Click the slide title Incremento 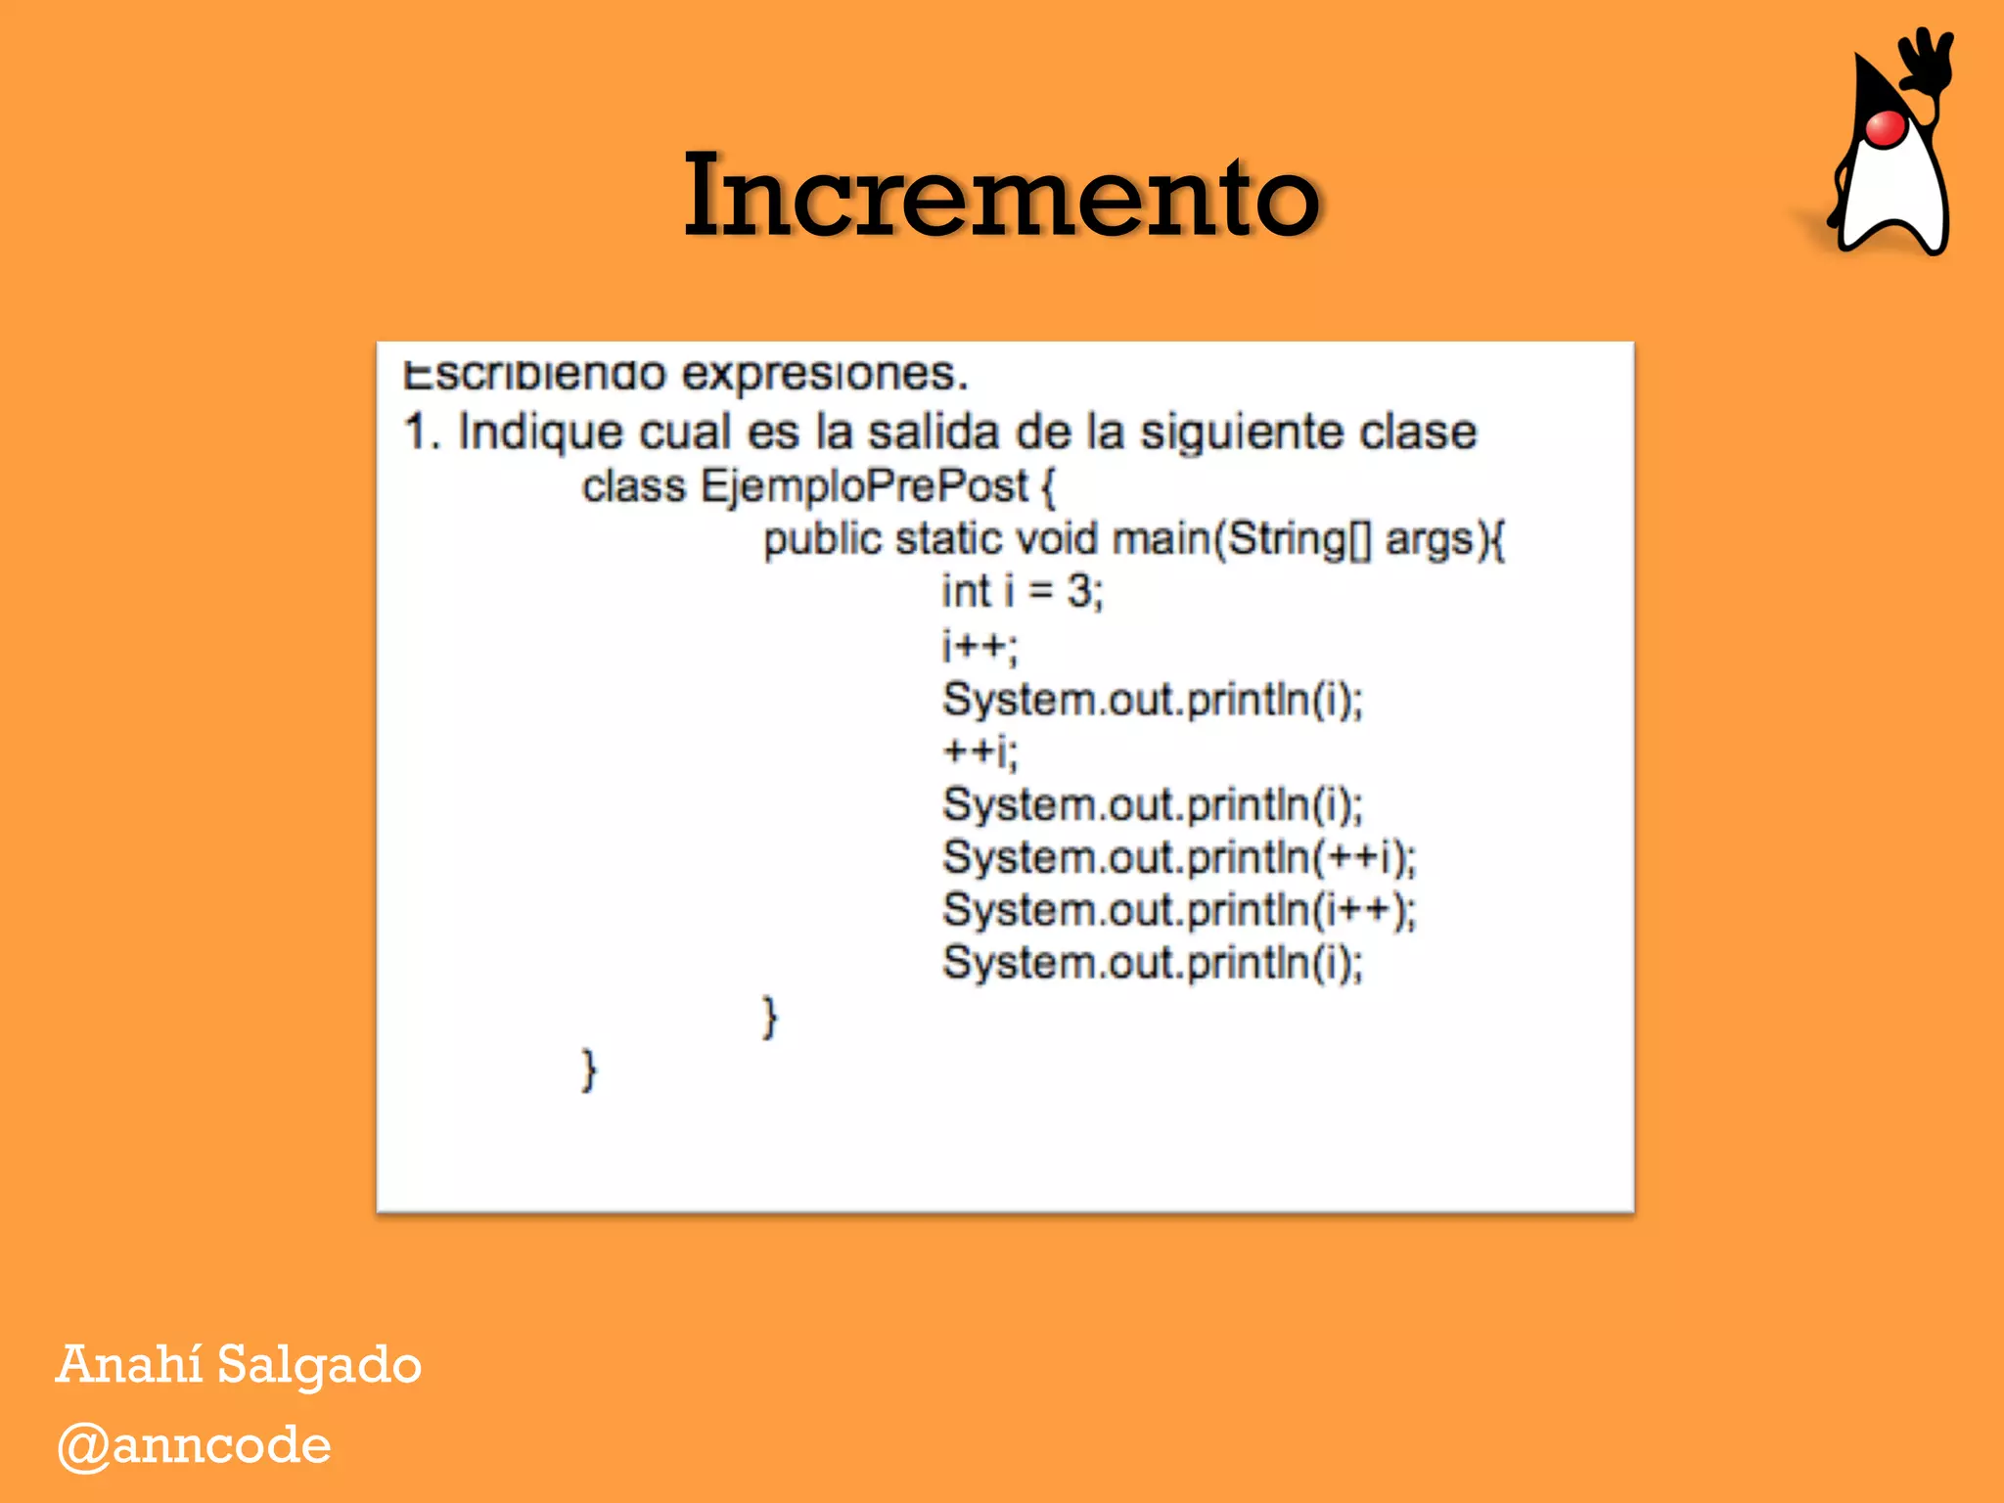tap(1001, 197)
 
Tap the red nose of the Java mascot tap(1885, 128)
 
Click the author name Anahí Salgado tap(239, 1365)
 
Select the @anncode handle tap(194, 1445)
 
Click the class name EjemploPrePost tap(864, 486)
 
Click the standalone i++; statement tap(979, 646)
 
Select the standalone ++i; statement tap(979, 751)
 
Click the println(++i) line tap(1179, 857)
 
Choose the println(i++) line tap(1179, 910)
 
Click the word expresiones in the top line tap(824, 374)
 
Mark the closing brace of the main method tap(770, 1018)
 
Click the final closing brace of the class tap(588, 1070)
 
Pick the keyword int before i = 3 tap(966, 591)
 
